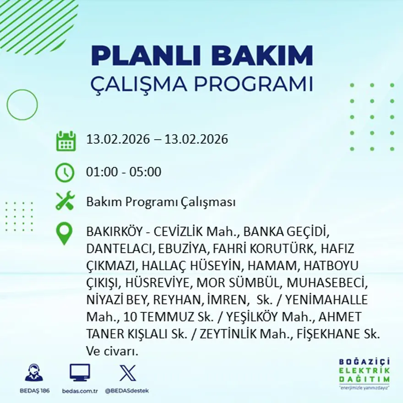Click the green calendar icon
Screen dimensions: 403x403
tap(65, 141)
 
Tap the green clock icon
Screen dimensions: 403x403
tap(65, 173)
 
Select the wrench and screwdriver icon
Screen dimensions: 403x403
tap(65, 201)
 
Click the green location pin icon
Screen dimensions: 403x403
tap(64, 233)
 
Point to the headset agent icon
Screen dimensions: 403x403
tap(34, 373)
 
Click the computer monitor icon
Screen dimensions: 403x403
tap(80, 372)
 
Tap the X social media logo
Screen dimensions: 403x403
tap(127, 373)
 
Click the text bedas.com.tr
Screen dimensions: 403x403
tap(80, 391)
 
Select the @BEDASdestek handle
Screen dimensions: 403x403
tap(127, 391)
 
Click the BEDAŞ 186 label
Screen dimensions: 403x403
tap(35, 391)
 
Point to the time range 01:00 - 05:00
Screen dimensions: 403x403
tap(124, 172)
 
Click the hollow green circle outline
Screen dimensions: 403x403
tap(22, 105)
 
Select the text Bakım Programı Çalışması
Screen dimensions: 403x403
tap(161, 202)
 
